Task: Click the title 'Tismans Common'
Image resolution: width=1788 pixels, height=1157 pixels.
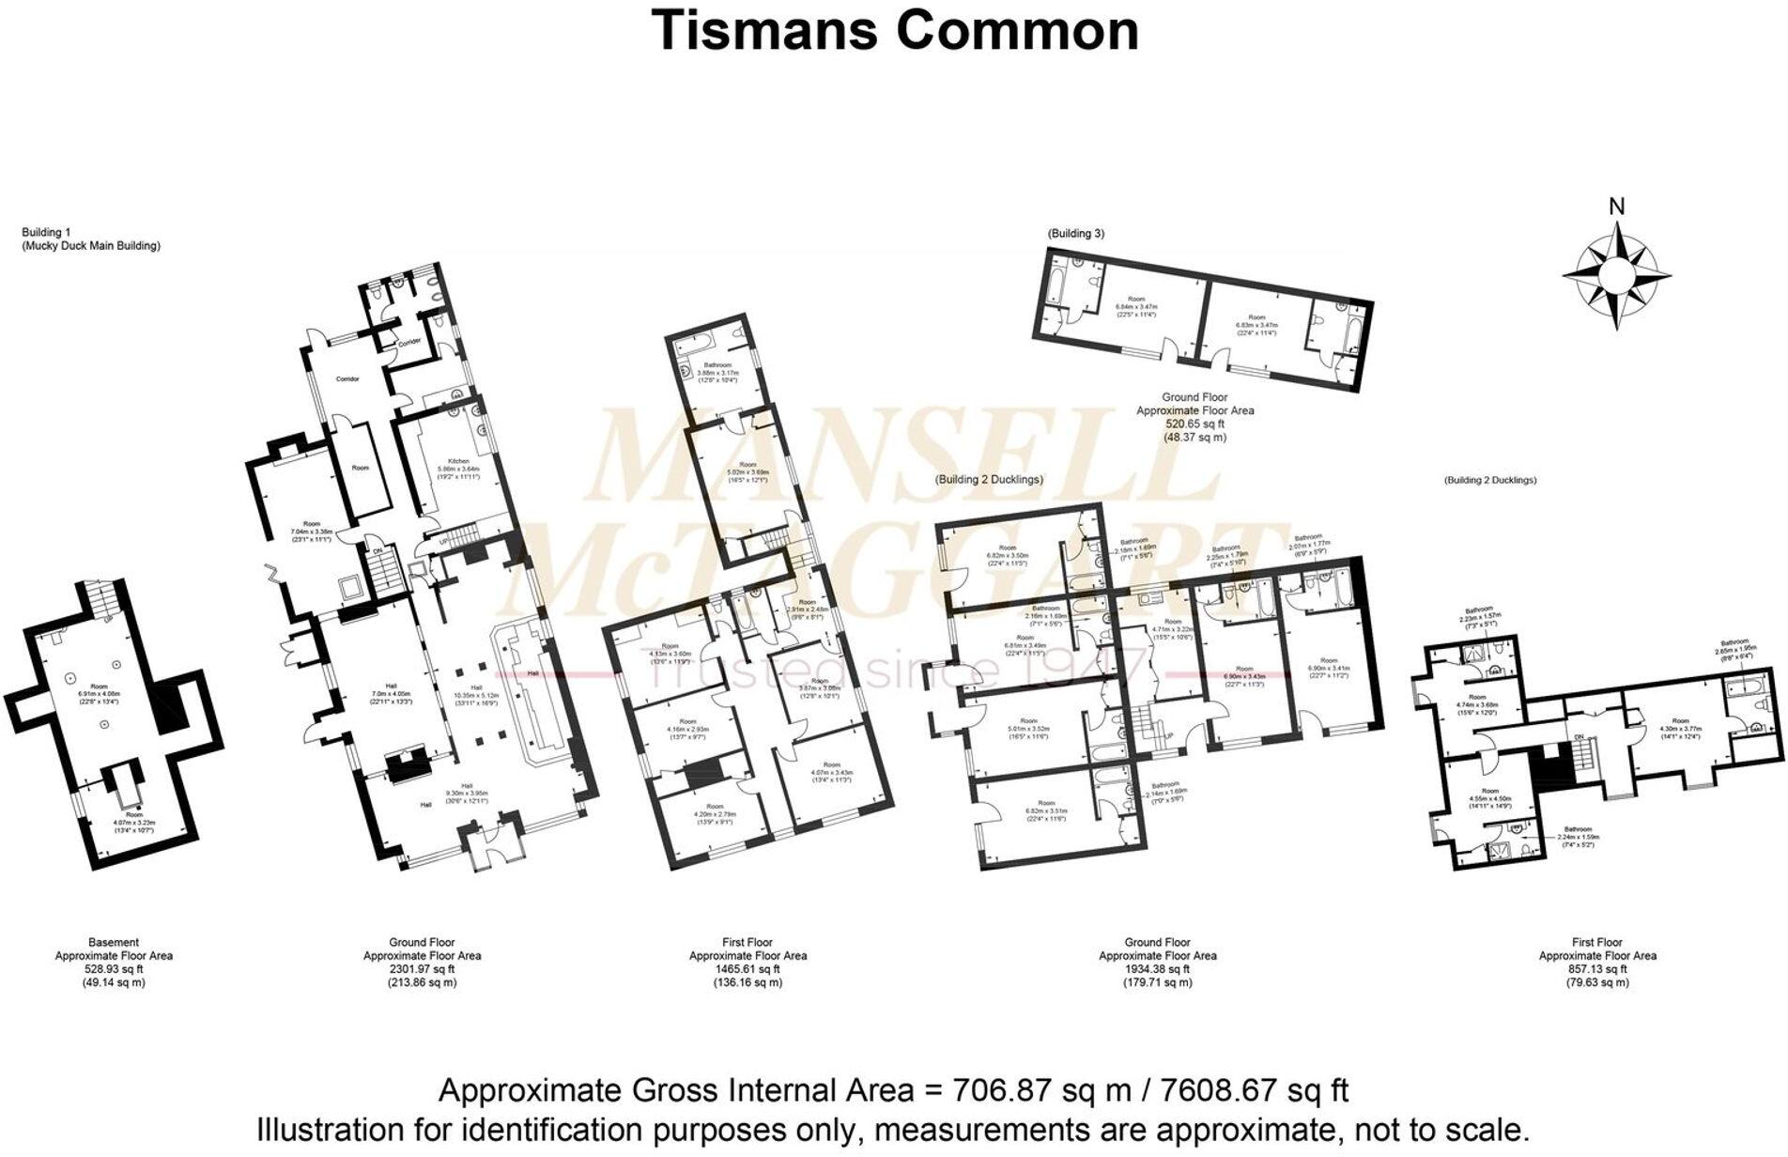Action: pyautogui.click(x=894, y=30)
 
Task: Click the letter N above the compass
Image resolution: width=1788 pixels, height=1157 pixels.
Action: pyautogui.click(x=1616, y=207)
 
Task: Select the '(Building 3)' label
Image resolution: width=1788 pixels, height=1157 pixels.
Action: pyautogui.click(x=1075, y=233)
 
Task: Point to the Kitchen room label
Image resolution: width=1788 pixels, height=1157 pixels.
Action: pyautogui.click(x=458, y=462)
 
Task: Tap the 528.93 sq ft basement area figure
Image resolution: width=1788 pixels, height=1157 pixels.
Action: pyautogui.click(x=114, y=969)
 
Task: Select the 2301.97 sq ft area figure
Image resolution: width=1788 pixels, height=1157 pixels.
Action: pyautogui.click(x=423, y=969)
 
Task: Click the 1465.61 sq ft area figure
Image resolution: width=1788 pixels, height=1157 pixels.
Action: pyautogui.click(x=748, y=969)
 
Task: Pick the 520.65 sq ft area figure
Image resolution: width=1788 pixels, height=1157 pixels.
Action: pyautogui.click(x=1195, y=424)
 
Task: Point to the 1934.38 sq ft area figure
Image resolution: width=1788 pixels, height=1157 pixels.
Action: pyautogui.click(x=1157, y=969)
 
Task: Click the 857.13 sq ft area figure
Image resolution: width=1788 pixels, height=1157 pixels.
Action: pyautogui.click(x=1596, y=969)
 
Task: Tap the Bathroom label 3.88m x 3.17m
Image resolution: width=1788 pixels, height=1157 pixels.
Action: pyautogui.click(x=717, y=375)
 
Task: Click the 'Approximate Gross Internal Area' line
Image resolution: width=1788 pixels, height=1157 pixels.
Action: pyautogui.click(x=893, y=1091)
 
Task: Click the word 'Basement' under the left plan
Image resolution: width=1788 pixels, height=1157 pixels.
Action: pyautogui.click(x=114, y=942)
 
